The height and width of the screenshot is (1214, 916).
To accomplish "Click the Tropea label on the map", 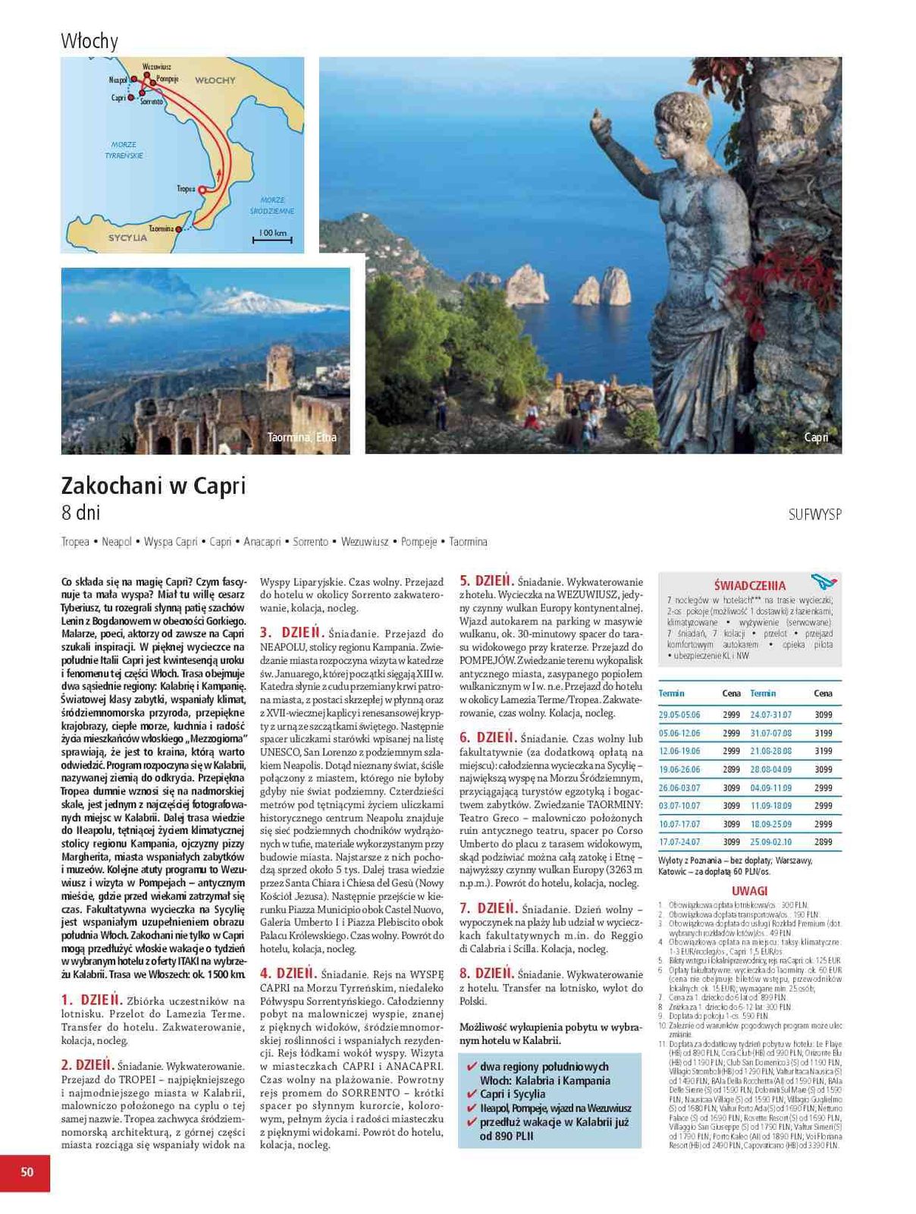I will tap(186, 189).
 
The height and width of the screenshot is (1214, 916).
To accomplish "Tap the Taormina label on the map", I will tap(161, 228).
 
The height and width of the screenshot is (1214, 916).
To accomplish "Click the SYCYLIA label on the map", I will tap(127, 237).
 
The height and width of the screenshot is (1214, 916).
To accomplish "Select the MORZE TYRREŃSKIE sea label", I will tap(124, 149).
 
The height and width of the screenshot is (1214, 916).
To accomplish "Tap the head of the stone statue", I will tap(679, 118).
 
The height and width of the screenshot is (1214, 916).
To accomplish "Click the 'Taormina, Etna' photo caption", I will tap(302, 437).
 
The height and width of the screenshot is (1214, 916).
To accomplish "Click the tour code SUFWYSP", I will tap(814, 514).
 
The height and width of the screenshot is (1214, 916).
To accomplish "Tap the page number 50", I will tap(27, 1172).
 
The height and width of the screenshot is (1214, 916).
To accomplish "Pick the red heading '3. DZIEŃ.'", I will tap(292, 633).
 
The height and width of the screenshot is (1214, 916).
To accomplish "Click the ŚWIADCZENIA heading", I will tap(750, 586).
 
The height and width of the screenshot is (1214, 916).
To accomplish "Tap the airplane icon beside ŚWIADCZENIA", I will tap(822, 582).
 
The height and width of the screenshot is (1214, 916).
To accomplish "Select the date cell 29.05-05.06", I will tap(679, 715).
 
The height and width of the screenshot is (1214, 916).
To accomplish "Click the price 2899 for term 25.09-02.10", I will tap(823, 842).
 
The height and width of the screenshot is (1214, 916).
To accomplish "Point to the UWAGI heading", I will tap(749, 892).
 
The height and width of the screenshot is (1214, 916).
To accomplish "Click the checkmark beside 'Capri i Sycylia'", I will tap(471, 1094).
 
